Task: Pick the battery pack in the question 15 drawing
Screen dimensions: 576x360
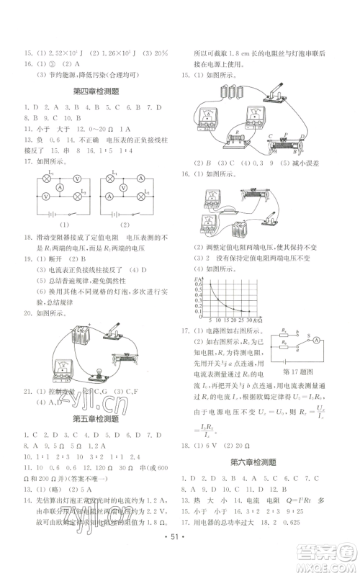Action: point(226,96)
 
